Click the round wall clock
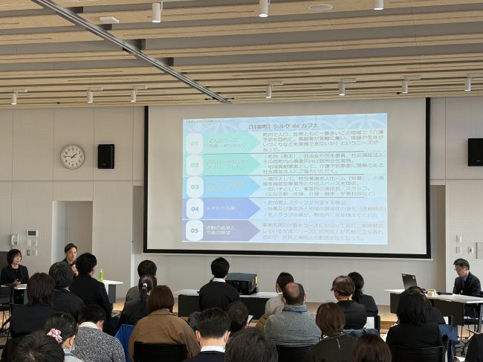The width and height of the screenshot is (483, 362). (72, 156)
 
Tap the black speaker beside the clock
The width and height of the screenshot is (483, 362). (106, 156)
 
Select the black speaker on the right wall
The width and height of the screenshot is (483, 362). (475, 152)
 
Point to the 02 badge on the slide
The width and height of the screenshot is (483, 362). (194, 164)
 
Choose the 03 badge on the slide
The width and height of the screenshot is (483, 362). (194, 186)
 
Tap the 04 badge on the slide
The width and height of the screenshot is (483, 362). (194, 208)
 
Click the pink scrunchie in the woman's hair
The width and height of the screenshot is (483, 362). (54, 335)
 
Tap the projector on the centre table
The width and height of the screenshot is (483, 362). (241, 283)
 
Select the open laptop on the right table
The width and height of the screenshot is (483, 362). (409, 282)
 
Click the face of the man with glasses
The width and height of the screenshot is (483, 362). (461, 268)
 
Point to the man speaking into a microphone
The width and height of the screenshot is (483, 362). (71, 256)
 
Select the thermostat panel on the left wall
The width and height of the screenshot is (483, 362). (32, 233)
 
